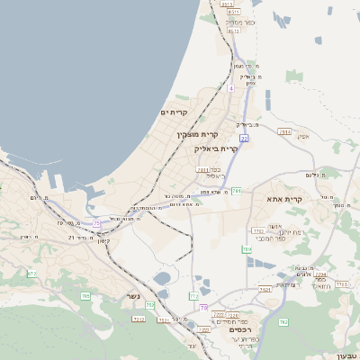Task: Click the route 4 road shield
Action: tap(231, 88)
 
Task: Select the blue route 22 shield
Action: tap(244, 137)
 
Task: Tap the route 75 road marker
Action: tap(96, 221)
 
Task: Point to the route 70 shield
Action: tap(203, 308)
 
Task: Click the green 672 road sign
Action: tap(31, 273)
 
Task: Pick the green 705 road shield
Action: tap(85, 295)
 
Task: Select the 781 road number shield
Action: tap(237, 191)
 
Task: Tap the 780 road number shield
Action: tap(247, 248)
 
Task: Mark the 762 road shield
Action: tap(283, 321)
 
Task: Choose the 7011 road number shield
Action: tap(202, 168)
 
